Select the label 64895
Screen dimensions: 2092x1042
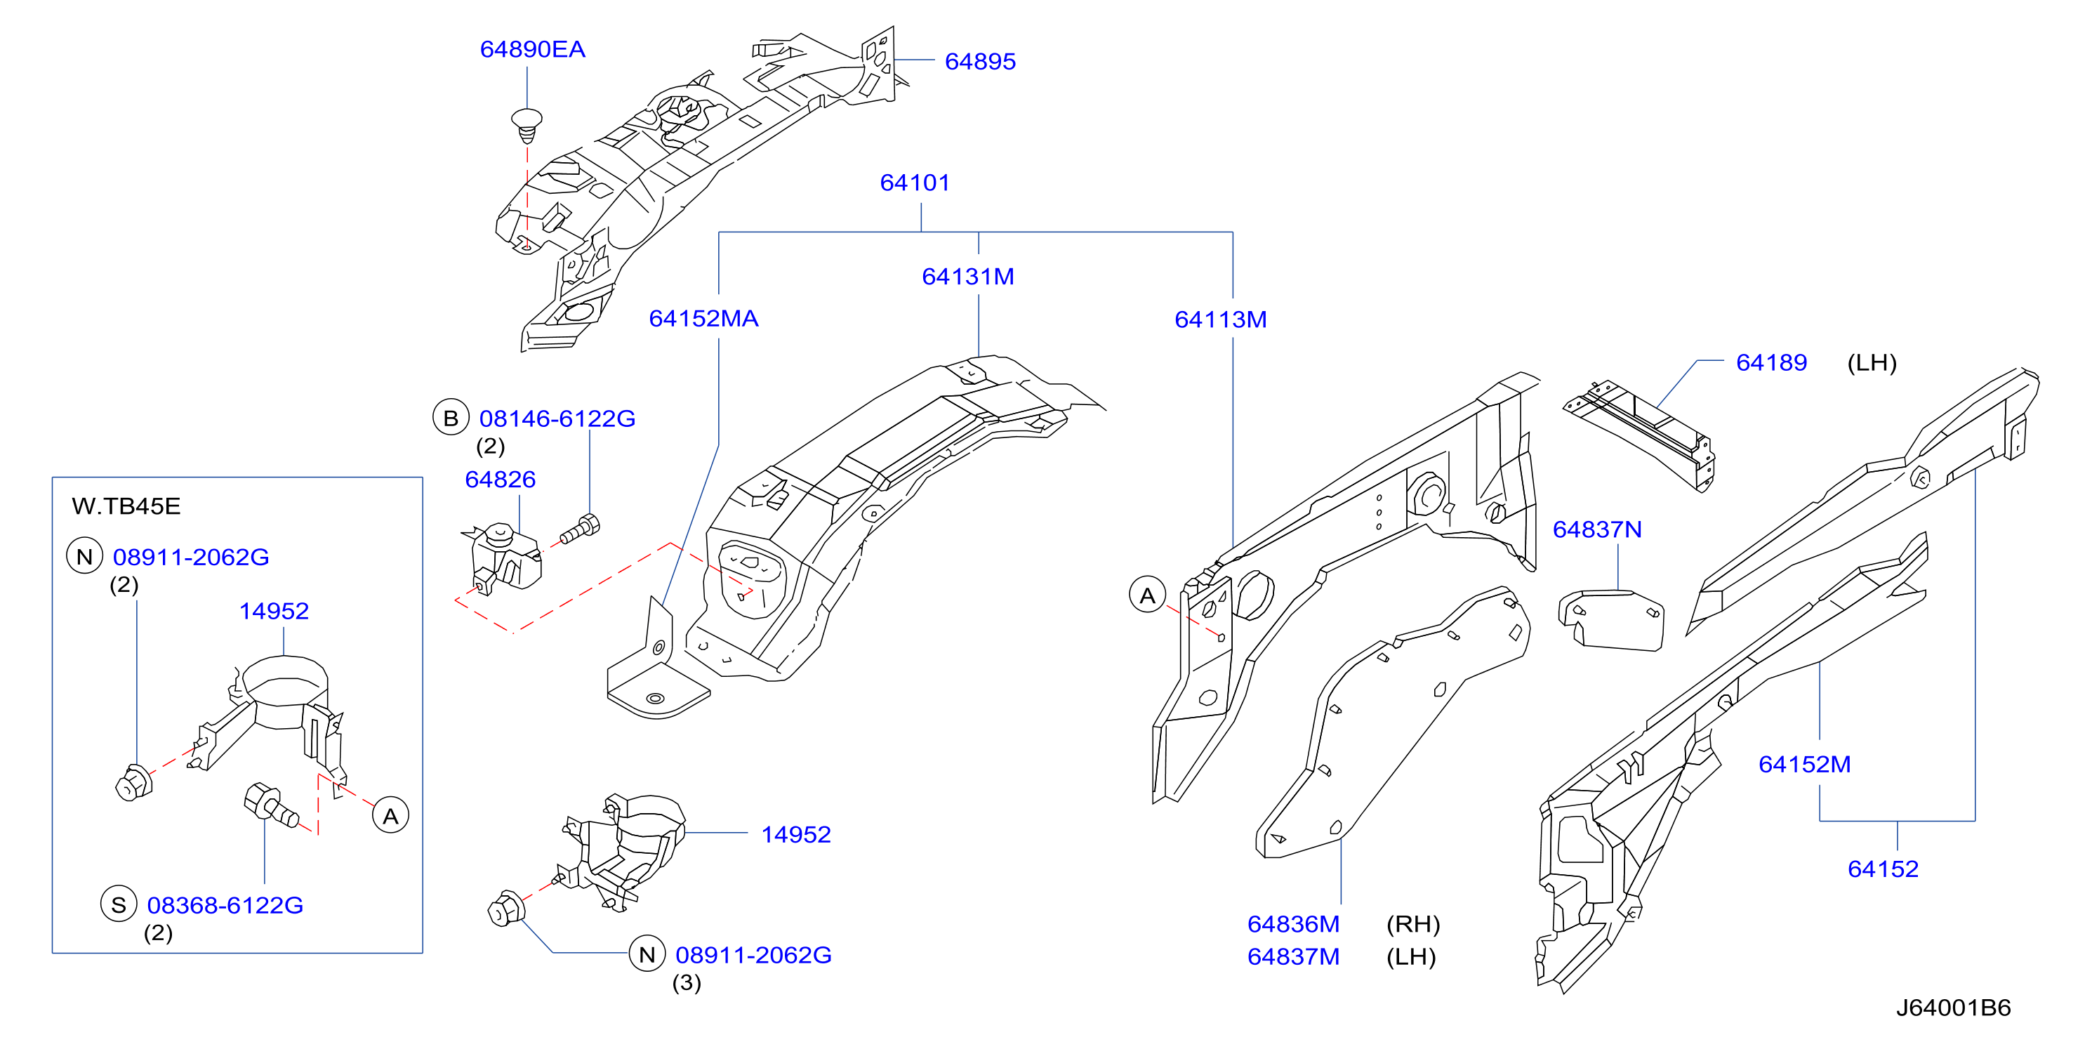tap(980, 61)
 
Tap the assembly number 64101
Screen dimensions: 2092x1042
tap(915, 182)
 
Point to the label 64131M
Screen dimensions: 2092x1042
tap(968, 276)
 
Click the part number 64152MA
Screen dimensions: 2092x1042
tap(703, 317)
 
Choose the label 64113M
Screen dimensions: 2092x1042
tap(1221, 319)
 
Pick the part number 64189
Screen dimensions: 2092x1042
tap(1771, 362)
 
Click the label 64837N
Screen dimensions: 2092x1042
tap(1596, 529)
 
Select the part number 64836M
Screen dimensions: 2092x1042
tap(1293, 923)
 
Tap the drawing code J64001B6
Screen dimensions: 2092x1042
tap(1953, 1007)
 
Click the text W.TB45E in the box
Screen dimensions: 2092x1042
tap(126, 506)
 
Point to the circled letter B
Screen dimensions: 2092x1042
tap(451, 418)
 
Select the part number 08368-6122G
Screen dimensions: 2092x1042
tap(225, 905)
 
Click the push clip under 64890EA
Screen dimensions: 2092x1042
tap(527, 125)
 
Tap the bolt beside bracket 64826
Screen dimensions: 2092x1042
tap(580, 529)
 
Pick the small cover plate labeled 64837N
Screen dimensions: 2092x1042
tap(1610, 621)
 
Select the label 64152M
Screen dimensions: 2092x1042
tap(1803, 763)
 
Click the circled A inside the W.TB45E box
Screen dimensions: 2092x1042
tap(390, 815)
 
